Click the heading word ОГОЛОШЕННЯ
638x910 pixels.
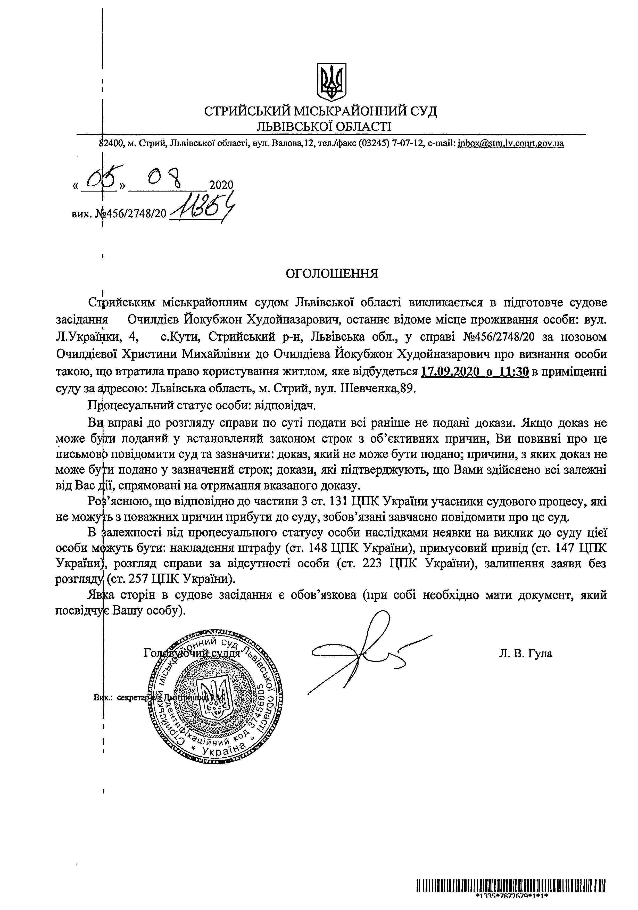click(332, 274)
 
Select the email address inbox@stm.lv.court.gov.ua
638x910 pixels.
click(510, 144)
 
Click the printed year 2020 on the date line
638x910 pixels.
click(221, 185)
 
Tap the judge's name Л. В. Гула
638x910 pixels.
click(525, 653)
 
